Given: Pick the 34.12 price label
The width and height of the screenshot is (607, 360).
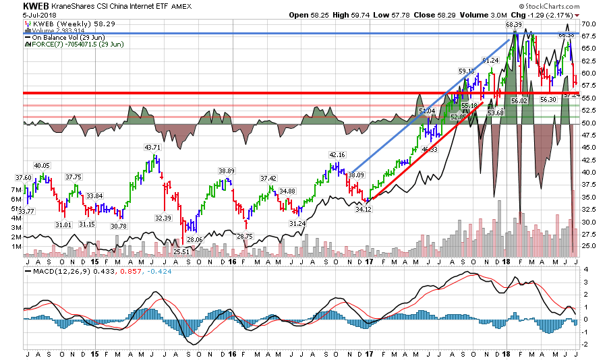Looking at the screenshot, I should pos(364,210).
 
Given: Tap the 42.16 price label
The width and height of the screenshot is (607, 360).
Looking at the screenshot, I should pos(337,155).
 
